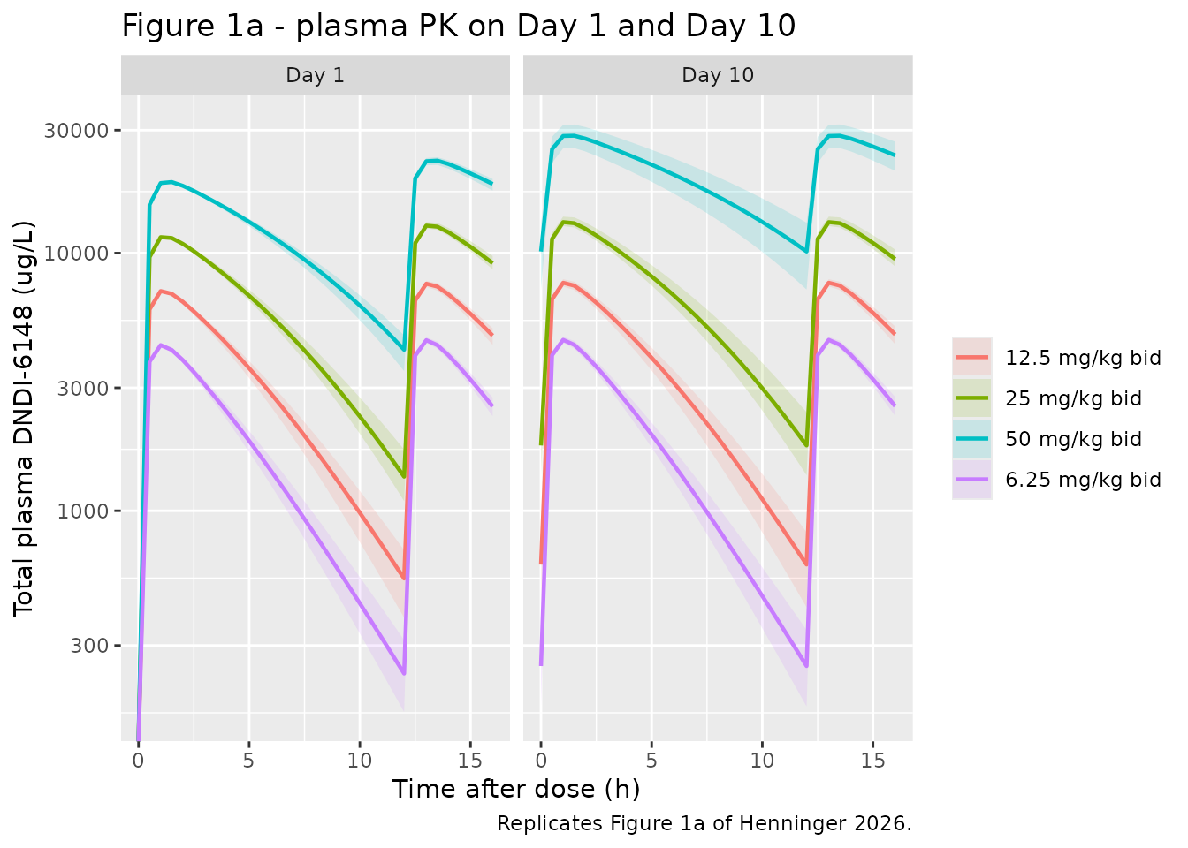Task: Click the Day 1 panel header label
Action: (315, 75)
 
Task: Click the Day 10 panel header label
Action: (718, 75)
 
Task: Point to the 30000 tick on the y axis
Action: (76, 131)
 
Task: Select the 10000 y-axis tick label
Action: (76, 254)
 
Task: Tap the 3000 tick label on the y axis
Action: (83, 388)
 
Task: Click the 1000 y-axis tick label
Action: (83, 511)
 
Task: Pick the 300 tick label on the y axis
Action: (89, 646)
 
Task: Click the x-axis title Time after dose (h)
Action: (516, 789)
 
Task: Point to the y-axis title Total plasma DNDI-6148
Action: (24, 419)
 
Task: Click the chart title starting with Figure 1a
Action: (459, 26)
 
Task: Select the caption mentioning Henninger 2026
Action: (704, 823)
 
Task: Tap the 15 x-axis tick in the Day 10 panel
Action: (873, 761)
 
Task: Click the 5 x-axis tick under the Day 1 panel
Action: (248, 761)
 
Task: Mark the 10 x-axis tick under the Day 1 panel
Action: (360, 761)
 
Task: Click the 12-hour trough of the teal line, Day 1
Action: (404, 350)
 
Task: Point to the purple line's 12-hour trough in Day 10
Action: (807, 666)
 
